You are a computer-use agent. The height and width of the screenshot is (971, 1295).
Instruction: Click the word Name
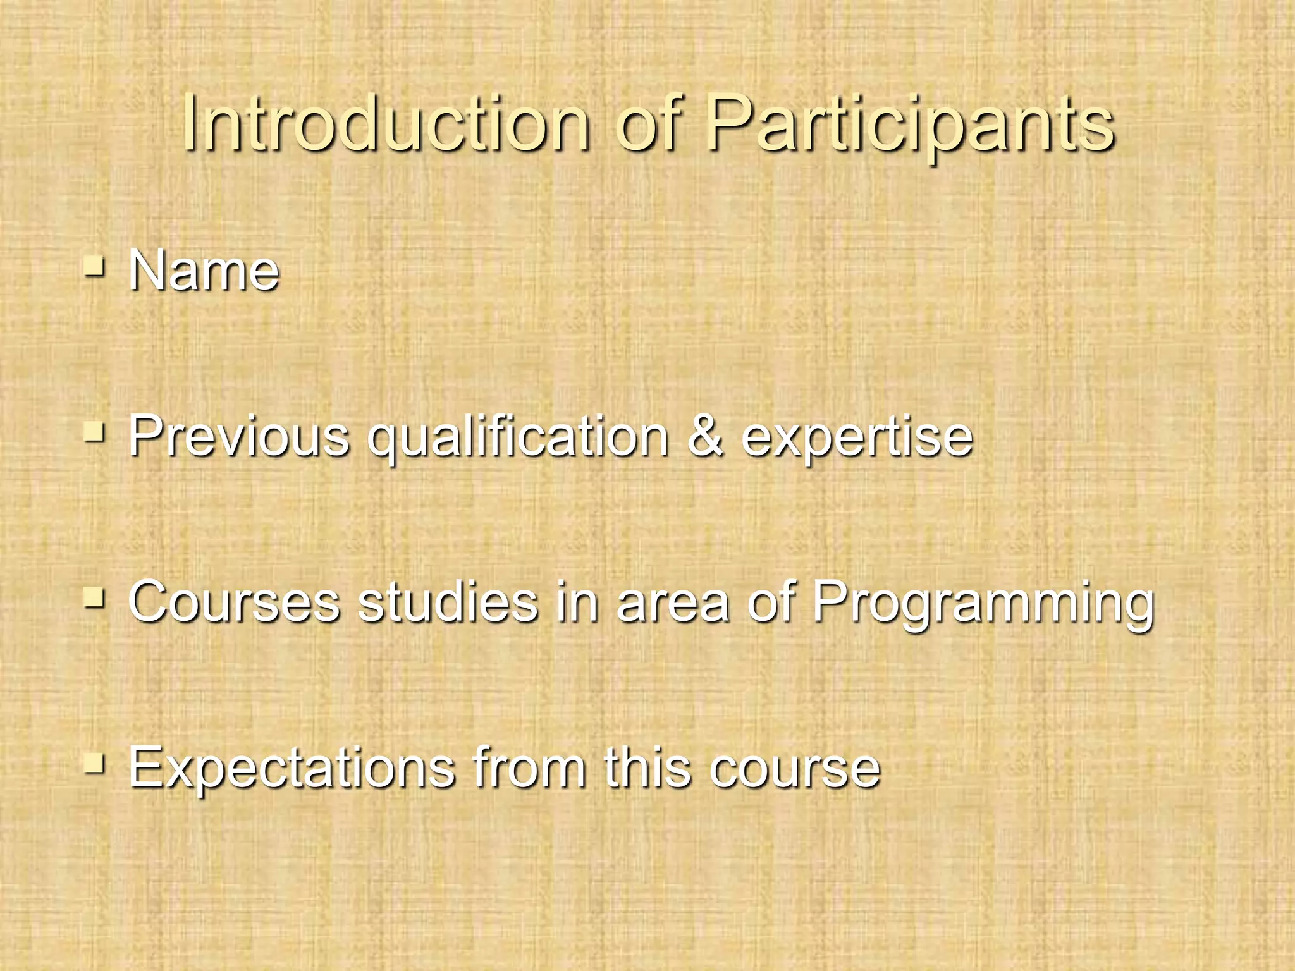204,271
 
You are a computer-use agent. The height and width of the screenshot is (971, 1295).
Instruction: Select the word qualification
518,437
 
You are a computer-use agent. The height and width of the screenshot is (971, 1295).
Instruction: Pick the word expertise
857,437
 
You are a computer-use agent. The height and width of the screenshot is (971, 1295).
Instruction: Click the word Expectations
292,768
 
